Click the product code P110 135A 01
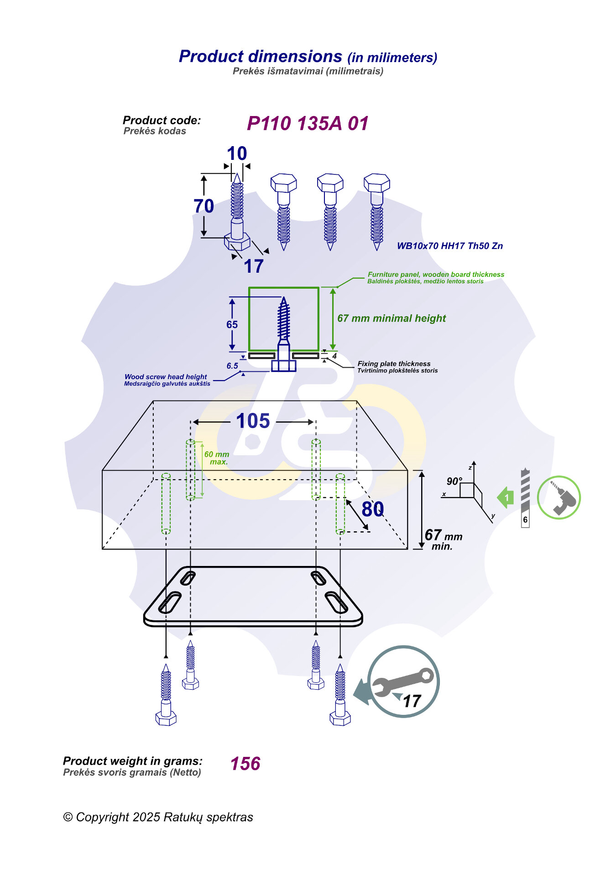click(307, 123)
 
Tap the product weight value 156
click(245, 764)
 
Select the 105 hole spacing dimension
click(253, 421)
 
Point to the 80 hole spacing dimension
click(372, 509)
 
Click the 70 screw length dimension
click(204, 206)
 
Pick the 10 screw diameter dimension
click(237, 153)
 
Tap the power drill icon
click(559, 497)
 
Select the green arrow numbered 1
click(506, 497)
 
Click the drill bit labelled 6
click(525, 498)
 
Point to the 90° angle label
click(454, 481)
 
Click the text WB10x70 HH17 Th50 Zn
click(449, 246)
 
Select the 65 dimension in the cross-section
click(232, 324)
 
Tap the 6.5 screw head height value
click(232, 366)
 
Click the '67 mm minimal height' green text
click(392, 318)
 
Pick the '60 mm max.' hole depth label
click(217, 458)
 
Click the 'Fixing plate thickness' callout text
click(394, 364)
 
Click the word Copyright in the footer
click(103, 817)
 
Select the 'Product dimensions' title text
click(261, 57)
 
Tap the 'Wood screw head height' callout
click(166, 377)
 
